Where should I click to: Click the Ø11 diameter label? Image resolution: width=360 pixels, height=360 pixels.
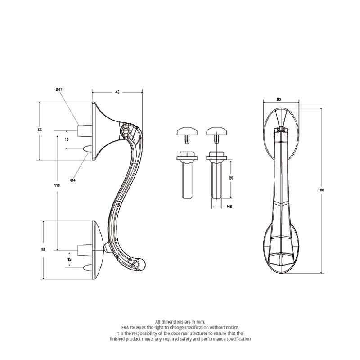tap(59, 90)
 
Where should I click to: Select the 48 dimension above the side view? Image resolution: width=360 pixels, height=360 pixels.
tap(117, 92)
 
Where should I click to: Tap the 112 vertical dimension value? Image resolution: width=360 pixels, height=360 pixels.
tap(57, 185)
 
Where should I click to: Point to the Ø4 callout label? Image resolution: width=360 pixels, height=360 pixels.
tap(72, 180)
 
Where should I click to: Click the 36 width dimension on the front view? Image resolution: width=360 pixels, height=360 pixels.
tap(279, 99)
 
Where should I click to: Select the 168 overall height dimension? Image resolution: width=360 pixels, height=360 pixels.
tap(321, 190)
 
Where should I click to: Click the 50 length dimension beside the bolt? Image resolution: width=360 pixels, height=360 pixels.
tap(231, 178)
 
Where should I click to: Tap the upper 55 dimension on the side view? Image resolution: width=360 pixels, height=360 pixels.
tap(40, 130)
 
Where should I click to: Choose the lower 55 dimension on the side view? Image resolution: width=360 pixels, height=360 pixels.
tap(43, 249)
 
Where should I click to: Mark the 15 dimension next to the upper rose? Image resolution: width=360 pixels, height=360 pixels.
tap(67, 139)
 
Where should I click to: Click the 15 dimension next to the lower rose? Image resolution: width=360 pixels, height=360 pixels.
tap(69, 259)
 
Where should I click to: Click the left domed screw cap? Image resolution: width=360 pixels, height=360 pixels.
tap(187, 132)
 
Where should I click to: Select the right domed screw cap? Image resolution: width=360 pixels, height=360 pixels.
tap(217, 132)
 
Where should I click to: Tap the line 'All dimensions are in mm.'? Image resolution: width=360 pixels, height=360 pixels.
tap(180, 322)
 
